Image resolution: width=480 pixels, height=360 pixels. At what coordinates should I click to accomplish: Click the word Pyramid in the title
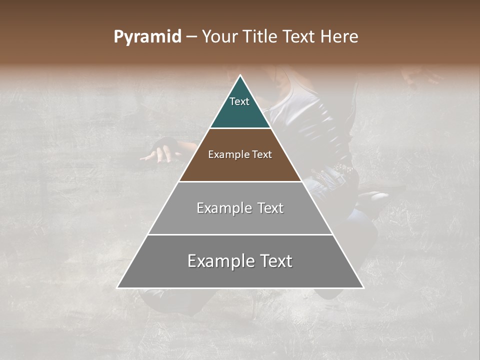[147, 37]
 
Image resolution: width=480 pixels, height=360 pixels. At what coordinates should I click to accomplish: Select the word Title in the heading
[263, 37]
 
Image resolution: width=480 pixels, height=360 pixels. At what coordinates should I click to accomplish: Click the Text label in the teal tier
[239, 101]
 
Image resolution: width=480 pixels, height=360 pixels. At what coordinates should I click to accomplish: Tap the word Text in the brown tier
[262, 154]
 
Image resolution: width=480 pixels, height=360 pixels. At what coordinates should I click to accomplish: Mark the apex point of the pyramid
[240, 76]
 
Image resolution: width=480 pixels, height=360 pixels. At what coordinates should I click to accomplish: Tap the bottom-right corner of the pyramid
[363, 287]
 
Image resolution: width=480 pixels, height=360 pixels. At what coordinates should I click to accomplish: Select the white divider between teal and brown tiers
[240, 128]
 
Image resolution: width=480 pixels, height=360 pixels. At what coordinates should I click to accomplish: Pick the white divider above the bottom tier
[240, 234]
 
